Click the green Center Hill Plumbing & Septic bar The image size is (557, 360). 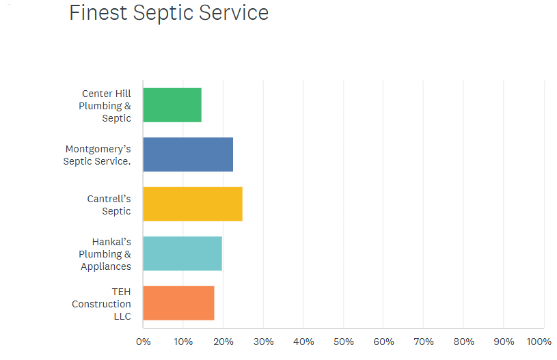click(172, 105)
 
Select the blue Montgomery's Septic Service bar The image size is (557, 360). click(188, 154)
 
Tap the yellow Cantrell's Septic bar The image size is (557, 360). click(193, 204)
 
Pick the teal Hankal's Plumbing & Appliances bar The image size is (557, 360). click(182, 253)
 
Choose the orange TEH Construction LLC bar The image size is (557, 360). click(178, 303)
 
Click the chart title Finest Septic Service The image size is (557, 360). click(169, 13)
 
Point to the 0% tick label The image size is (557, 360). click(143, 342)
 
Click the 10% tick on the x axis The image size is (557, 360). click(183, 342)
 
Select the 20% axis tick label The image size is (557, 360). click(223, 342)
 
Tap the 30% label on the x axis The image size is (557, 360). click(263, 342)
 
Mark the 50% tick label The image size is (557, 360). click(344, 342)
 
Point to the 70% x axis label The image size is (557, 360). click(424, 342)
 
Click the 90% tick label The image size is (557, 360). click(504, 342)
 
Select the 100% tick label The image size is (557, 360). click(539, 342)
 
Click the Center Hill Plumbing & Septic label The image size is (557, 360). click(105, 105)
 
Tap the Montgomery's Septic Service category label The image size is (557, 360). click(97, 155)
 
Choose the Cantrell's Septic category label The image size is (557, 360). click(109, 205)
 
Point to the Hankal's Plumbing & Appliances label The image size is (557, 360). click(105, 254)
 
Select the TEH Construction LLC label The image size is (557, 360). click(102, 304)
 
